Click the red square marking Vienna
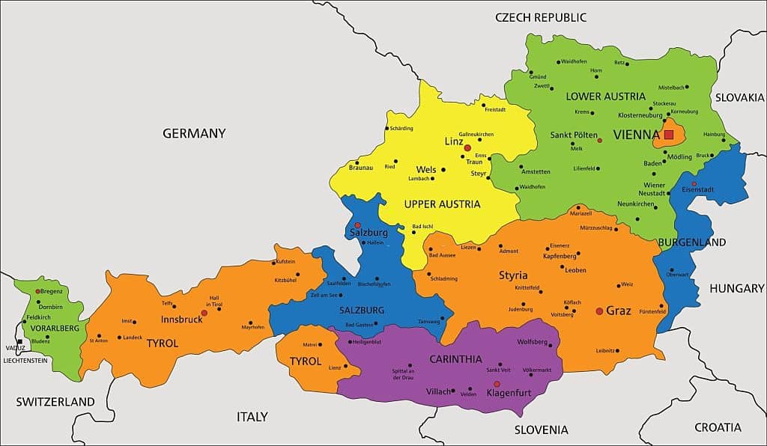pos(669,135)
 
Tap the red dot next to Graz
pos(598,311)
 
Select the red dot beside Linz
pos(467,148)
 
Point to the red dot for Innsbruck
pos(204,313)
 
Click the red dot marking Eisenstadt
pos(694,183)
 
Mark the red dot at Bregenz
pos(37,290)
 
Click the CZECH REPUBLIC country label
pos(541,17)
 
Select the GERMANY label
pos(194,133)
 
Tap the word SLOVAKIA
pos(739,97)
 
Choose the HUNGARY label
pos(737,288)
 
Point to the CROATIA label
pos(718,427)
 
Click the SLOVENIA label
pos(541,430)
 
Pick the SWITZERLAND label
pos(55,402)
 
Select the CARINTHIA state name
pos(455,359)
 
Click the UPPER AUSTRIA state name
pos(442,204)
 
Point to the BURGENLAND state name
pos(692,242)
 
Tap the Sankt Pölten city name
pos(574,135)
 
